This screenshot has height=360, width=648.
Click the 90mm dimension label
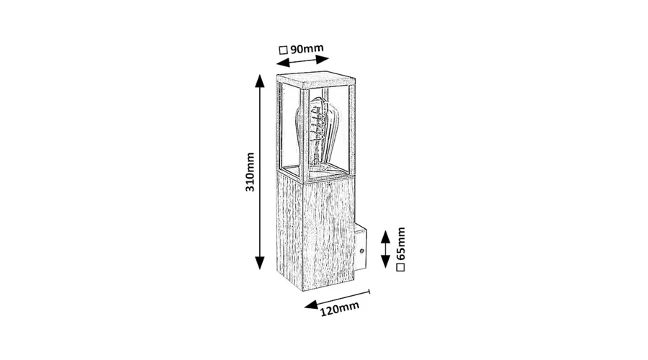click(307, 49)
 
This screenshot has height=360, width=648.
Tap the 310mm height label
click(250, 172)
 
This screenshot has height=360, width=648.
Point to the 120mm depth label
click(340, 308)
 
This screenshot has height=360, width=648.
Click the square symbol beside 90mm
click(283, 50)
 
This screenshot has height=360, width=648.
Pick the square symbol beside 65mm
click(400, 267)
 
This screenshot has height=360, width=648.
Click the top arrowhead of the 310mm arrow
click(259, 81)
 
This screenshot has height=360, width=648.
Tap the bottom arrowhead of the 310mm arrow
click(259, 263)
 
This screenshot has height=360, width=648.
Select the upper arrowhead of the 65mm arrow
click(386, 237)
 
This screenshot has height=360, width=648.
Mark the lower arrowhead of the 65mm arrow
click(386, 261)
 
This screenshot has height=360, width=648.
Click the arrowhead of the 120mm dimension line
click(311, 305)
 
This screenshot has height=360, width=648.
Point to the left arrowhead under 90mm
click(283, 63)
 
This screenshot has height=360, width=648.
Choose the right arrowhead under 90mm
click(323, 59)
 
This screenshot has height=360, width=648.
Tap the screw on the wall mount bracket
click(361, 251)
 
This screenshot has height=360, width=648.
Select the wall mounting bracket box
click(360, 248)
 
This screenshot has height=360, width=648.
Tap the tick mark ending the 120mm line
click(369, 292)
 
